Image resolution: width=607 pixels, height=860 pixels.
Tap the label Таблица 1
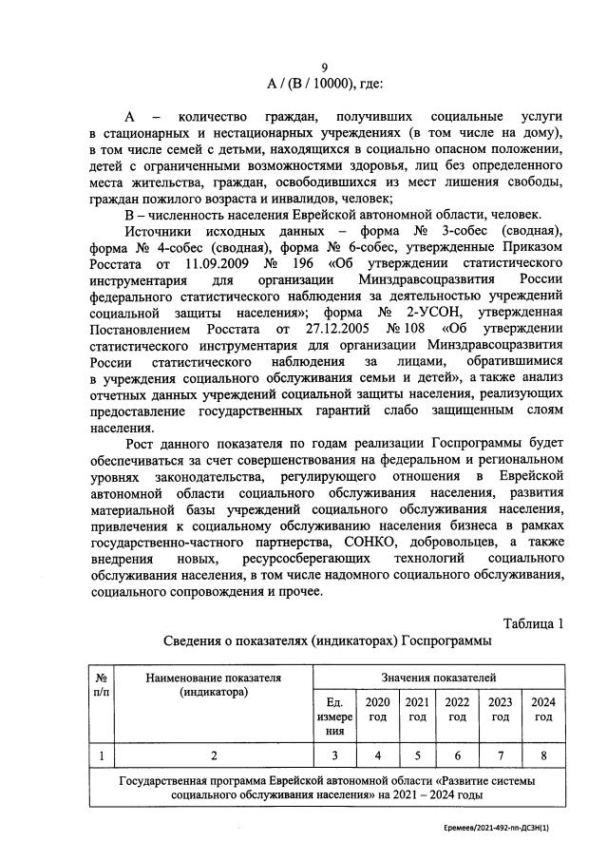click(x=533, y=623)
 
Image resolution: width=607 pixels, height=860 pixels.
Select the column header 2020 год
click(x=378, y=710)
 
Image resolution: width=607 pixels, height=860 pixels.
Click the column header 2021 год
click(x=417, y=710)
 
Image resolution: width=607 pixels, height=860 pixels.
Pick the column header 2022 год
click(x=457, y=710)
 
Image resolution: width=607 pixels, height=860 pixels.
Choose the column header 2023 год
click(x=500, y=710)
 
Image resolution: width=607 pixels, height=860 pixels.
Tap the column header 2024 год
click(x=542, y=710)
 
